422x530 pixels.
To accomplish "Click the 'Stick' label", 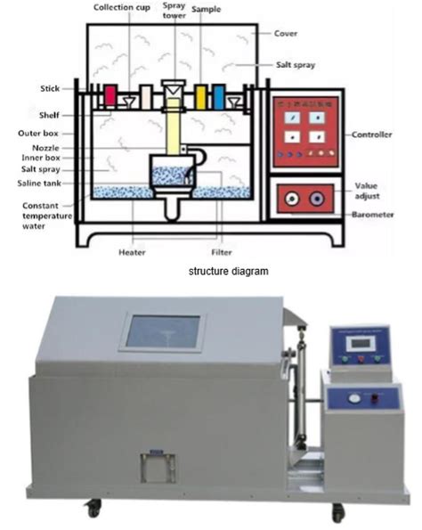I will tap(50, 88).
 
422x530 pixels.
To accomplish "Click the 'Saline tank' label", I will tap(38, 183).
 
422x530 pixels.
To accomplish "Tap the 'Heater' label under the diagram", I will tap(132, 252).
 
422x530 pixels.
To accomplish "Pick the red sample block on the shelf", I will tap(111, 95).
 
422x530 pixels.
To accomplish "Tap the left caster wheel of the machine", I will tap(92, 509).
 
